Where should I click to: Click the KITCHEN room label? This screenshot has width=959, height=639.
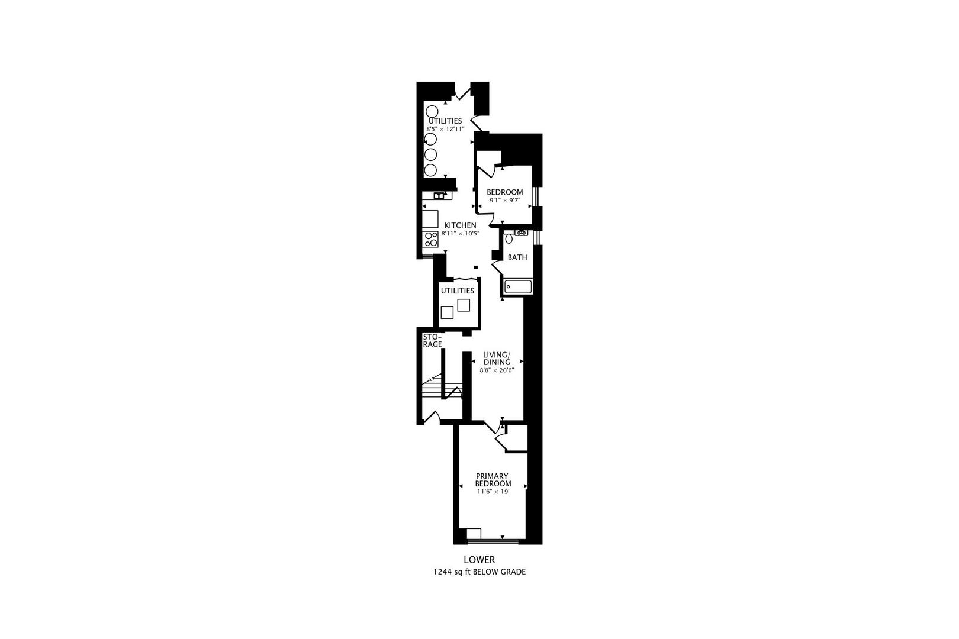460,225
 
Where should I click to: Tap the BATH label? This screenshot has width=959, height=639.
517,257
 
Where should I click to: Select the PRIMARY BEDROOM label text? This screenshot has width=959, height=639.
493,480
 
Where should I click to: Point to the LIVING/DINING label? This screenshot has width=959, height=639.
496,359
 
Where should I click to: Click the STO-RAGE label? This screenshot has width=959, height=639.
432,340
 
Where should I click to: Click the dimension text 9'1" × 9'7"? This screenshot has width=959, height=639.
504,200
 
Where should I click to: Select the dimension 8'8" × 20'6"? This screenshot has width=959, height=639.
496,370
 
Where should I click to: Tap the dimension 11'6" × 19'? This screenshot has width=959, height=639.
493,492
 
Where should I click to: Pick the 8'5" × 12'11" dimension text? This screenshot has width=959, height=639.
445,129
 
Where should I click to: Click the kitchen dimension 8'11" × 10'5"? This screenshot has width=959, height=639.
460,234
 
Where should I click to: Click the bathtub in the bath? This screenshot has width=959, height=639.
517,288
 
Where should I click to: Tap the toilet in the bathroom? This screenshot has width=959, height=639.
509,238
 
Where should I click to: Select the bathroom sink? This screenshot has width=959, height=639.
520,233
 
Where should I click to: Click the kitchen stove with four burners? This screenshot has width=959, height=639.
431,238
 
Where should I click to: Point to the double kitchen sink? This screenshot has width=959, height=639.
439,195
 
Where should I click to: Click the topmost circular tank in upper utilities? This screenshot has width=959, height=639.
431,111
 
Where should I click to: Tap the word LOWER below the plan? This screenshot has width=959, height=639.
479,559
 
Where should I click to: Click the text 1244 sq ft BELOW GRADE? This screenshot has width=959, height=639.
479,572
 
